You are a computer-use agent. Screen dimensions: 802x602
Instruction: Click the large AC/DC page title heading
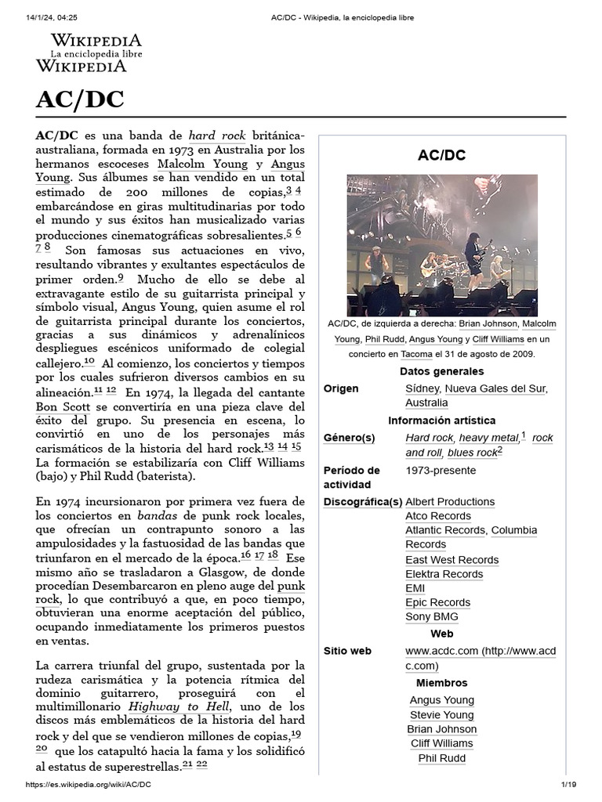pyautogui.click(x=80, y=100)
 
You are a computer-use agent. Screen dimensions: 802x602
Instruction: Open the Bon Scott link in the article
pyautogui.click(x=63, y=407)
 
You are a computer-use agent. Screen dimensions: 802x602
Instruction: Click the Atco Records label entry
pyautogui.click(x=437, y=516)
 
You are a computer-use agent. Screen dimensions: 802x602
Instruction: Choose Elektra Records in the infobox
pyautogui.click(x=444, y=574)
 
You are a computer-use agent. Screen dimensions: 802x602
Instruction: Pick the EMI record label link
pyautogui.click(x=415, y=588)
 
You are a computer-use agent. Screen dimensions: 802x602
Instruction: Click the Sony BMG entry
pyautogui.click(x=431, y=617)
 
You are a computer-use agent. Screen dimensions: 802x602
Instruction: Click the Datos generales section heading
pyautogui.click(x=441, y=371)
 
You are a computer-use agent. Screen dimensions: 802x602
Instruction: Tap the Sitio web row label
pyautogui.click(x=347, y=651)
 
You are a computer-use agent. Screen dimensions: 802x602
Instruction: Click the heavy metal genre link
pyautogui.click(x=488, y=438)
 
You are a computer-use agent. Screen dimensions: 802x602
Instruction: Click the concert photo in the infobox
pyautogui.click(x=441, y=245)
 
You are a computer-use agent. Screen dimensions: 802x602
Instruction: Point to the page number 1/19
pyautogui.click(x=568, y=785)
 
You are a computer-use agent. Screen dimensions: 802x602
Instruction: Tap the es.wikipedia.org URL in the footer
pyautogui.click(x=89, y=785)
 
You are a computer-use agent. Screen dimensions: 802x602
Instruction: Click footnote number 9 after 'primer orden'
pyautogui.click(x=121, y=278)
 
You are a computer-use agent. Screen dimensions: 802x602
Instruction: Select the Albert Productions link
pyautogui.click(x=449, y=501)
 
